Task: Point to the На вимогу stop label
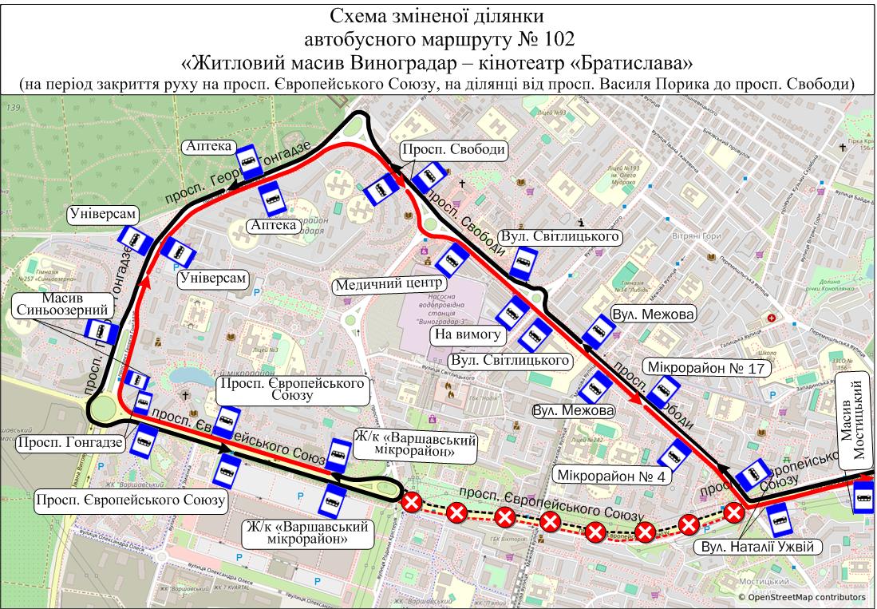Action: click(466, 335)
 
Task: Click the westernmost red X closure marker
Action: click(412, 503)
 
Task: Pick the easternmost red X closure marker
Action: click(734, 512)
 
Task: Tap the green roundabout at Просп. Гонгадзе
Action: click(103, 410)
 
